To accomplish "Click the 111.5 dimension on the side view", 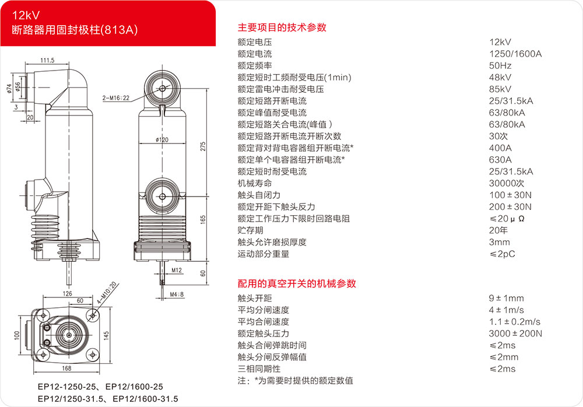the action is pos(47,60).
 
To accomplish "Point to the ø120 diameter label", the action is pos(162,140).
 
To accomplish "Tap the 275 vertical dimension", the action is pos(203,146).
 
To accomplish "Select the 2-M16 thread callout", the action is pos(116,98).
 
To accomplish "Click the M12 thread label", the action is pos(177,270).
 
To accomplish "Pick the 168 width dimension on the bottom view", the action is pos(66,369).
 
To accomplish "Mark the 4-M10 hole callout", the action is pos(107,292).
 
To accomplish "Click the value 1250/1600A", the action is pos(515,54).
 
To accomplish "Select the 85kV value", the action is pos(500,89).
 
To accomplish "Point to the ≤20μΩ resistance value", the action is pos(507,219).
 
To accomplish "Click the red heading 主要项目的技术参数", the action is pos(282,27).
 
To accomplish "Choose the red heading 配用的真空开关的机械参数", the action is pos(297,284).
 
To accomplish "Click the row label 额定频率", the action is pos(255,66).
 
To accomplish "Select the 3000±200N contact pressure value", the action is pos(515,334).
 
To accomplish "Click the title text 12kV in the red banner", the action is pos(26,15).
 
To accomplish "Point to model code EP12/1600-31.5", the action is pos(145,399).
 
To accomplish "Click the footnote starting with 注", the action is pos(295,381).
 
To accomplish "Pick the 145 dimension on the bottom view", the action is pos(106,335).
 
